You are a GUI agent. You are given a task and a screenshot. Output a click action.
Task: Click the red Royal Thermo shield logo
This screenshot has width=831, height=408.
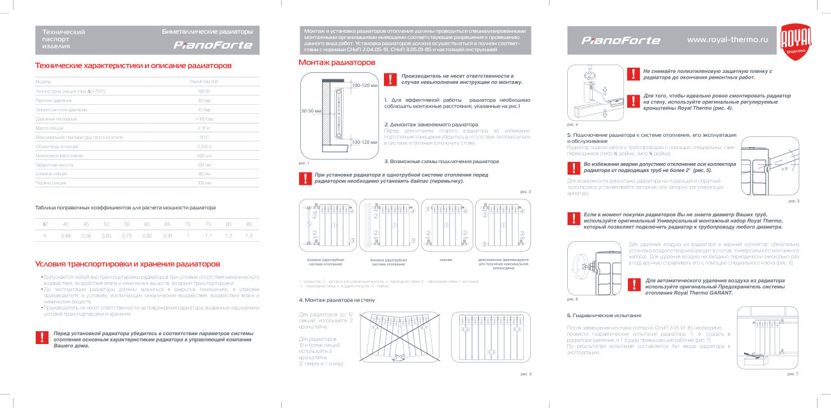click(x=797, y=42)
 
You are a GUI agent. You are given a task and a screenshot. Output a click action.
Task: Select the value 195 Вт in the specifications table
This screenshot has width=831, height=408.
click(x=204, y=91)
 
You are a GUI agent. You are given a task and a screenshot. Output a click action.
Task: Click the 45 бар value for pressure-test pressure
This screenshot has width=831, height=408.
click(x=204, y=110)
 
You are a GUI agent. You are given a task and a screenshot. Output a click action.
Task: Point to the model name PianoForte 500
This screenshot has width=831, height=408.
click(x=204, y=82)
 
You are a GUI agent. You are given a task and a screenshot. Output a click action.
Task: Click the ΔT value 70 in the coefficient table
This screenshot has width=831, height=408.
click(x=188, y=224)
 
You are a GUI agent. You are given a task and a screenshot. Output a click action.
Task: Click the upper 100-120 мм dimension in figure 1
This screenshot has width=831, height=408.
click(x=365, y=85)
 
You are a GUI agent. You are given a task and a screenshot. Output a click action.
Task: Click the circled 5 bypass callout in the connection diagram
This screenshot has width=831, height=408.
click(x=309, y=224)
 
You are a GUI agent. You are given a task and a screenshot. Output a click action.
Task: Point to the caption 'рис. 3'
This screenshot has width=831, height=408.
click(x=526, y=373)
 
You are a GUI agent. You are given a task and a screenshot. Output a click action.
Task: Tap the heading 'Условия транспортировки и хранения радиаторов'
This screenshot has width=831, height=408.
click(x=128, y=263)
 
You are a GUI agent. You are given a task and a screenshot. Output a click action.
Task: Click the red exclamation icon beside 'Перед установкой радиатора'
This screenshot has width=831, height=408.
click(x=42, y=338)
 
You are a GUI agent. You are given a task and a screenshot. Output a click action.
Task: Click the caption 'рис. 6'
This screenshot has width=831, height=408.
click(x=572, y=299)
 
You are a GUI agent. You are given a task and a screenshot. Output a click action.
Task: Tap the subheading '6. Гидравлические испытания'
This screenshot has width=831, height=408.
click(x=604, y=316)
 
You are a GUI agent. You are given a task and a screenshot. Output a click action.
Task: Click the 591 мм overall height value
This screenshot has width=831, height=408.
click(x=204, y=165)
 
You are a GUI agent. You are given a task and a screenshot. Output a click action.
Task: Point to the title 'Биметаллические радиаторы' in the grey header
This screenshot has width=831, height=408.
click(x=208, y=31)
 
